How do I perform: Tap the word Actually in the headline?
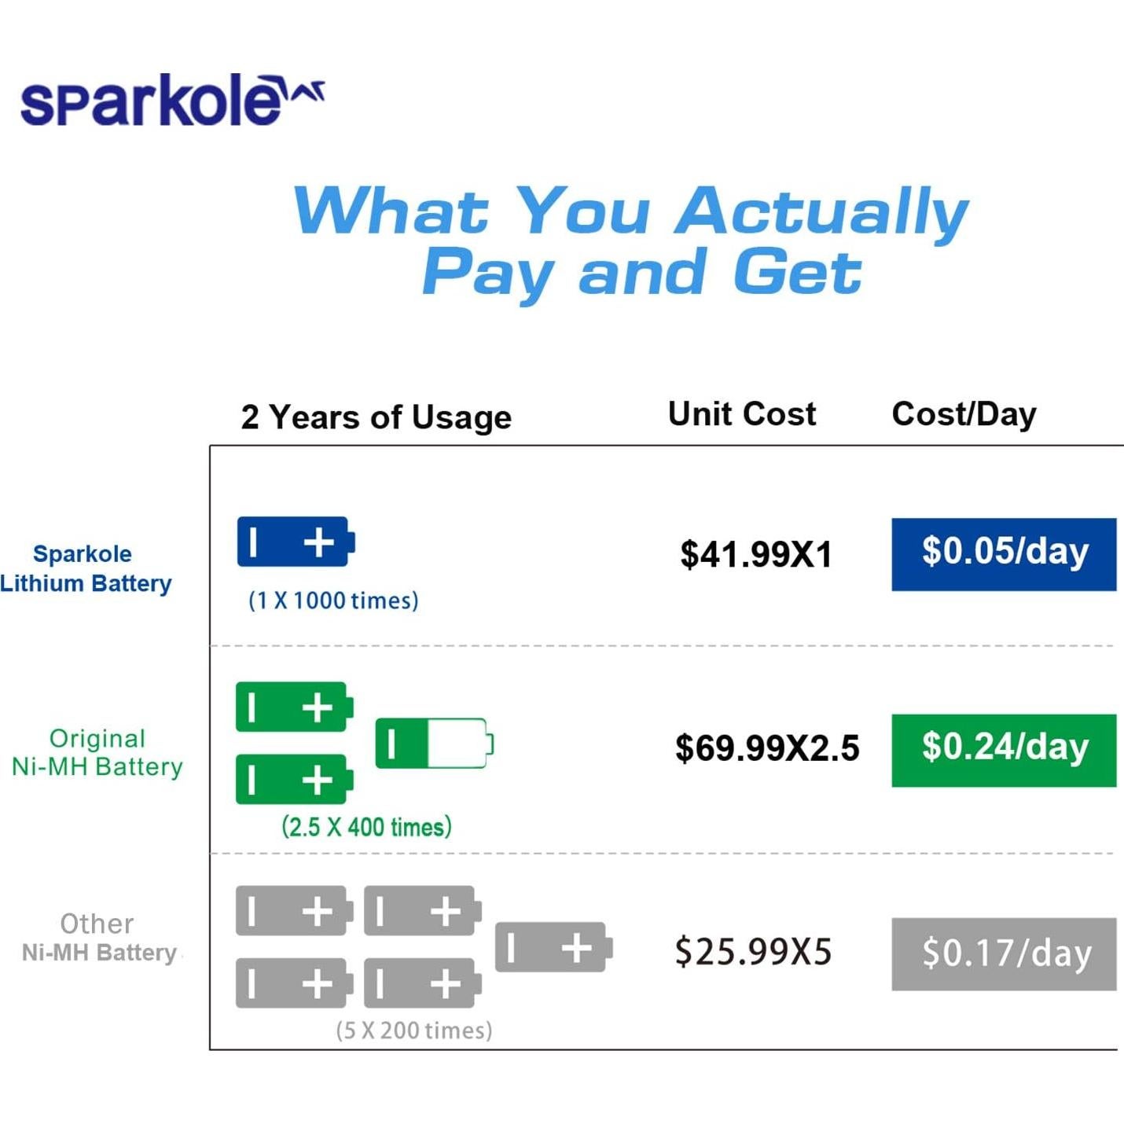click(x=822, y=213)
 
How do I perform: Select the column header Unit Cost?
click(x=742, y=414)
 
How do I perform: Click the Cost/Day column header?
click(x=964, y=415)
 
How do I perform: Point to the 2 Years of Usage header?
click(x=377, y=417)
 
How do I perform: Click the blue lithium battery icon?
click(x=296, y=542)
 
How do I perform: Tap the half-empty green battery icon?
click(x=435, y=743)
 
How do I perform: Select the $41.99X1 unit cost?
click(x=756, y=554)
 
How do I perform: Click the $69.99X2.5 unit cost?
click(x=767, y=748)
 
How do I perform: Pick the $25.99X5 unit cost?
click(x=753, y=951)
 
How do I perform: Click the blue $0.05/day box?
click(x=1004, y=554)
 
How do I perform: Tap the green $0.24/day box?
click(x=1004, y=750)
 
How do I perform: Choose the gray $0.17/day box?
click(x=1004, y=954)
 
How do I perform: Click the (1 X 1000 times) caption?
click(x=333, y=601)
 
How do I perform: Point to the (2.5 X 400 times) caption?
click(x=366, y=827)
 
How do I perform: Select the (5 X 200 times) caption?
click(x=414, y=1030)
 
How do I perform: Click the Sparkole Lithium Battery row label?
click(x=86, y=569)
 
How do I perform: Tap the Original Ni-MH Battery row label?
click(x=97, y=752)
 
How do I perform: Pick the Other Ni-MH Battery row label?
click(x=99, y=938)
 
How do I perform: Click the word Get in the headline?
click(x=797, y=273)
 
